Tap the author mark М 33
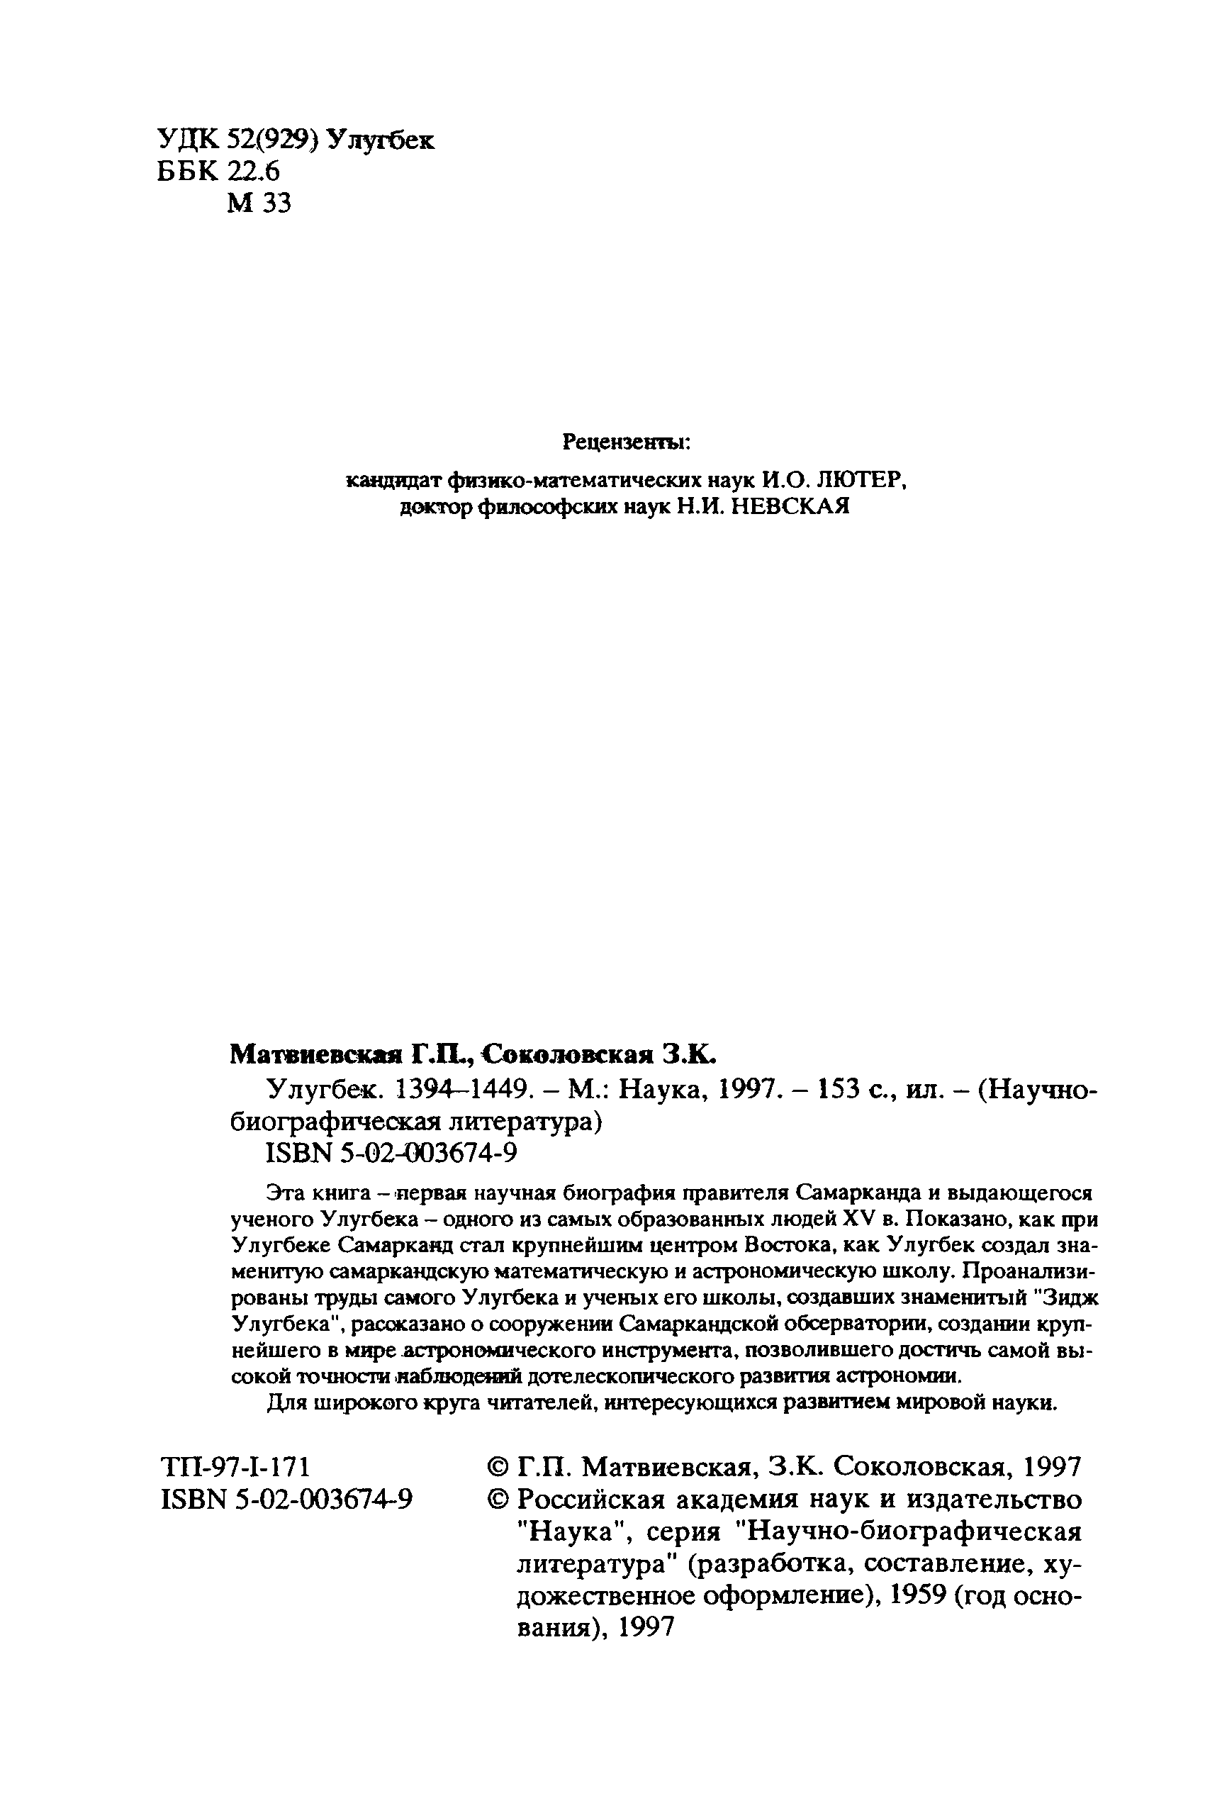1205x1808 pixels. [x=259, y=203]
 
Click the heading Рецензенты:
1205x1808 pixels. [x=627, y=442]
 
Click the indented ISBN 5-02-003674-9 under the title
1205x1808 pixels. [x=391, y=1153]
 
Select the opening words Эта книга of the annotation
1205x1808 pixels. [x=315, y=1193]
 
